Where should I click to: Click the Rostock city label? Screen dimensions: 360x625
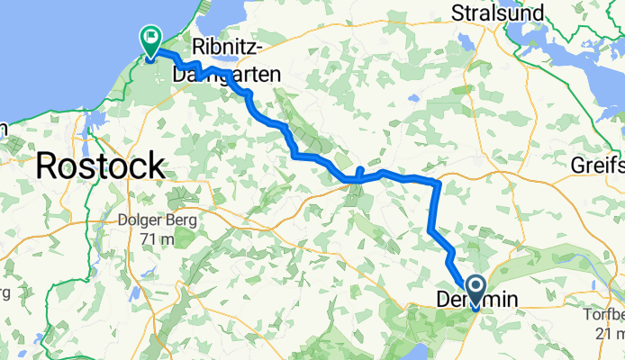pos(100,166)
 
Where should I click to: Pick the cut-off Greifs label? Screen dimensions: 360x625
pos(598,166)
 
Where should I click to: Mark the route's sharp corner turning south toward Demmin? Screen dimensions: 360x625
pos(438,184)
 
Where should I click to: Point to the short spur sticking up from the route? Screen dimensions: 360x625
pos(359,170)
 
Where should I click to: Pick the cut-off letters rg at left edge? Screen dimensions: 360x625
pos(4,293)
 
